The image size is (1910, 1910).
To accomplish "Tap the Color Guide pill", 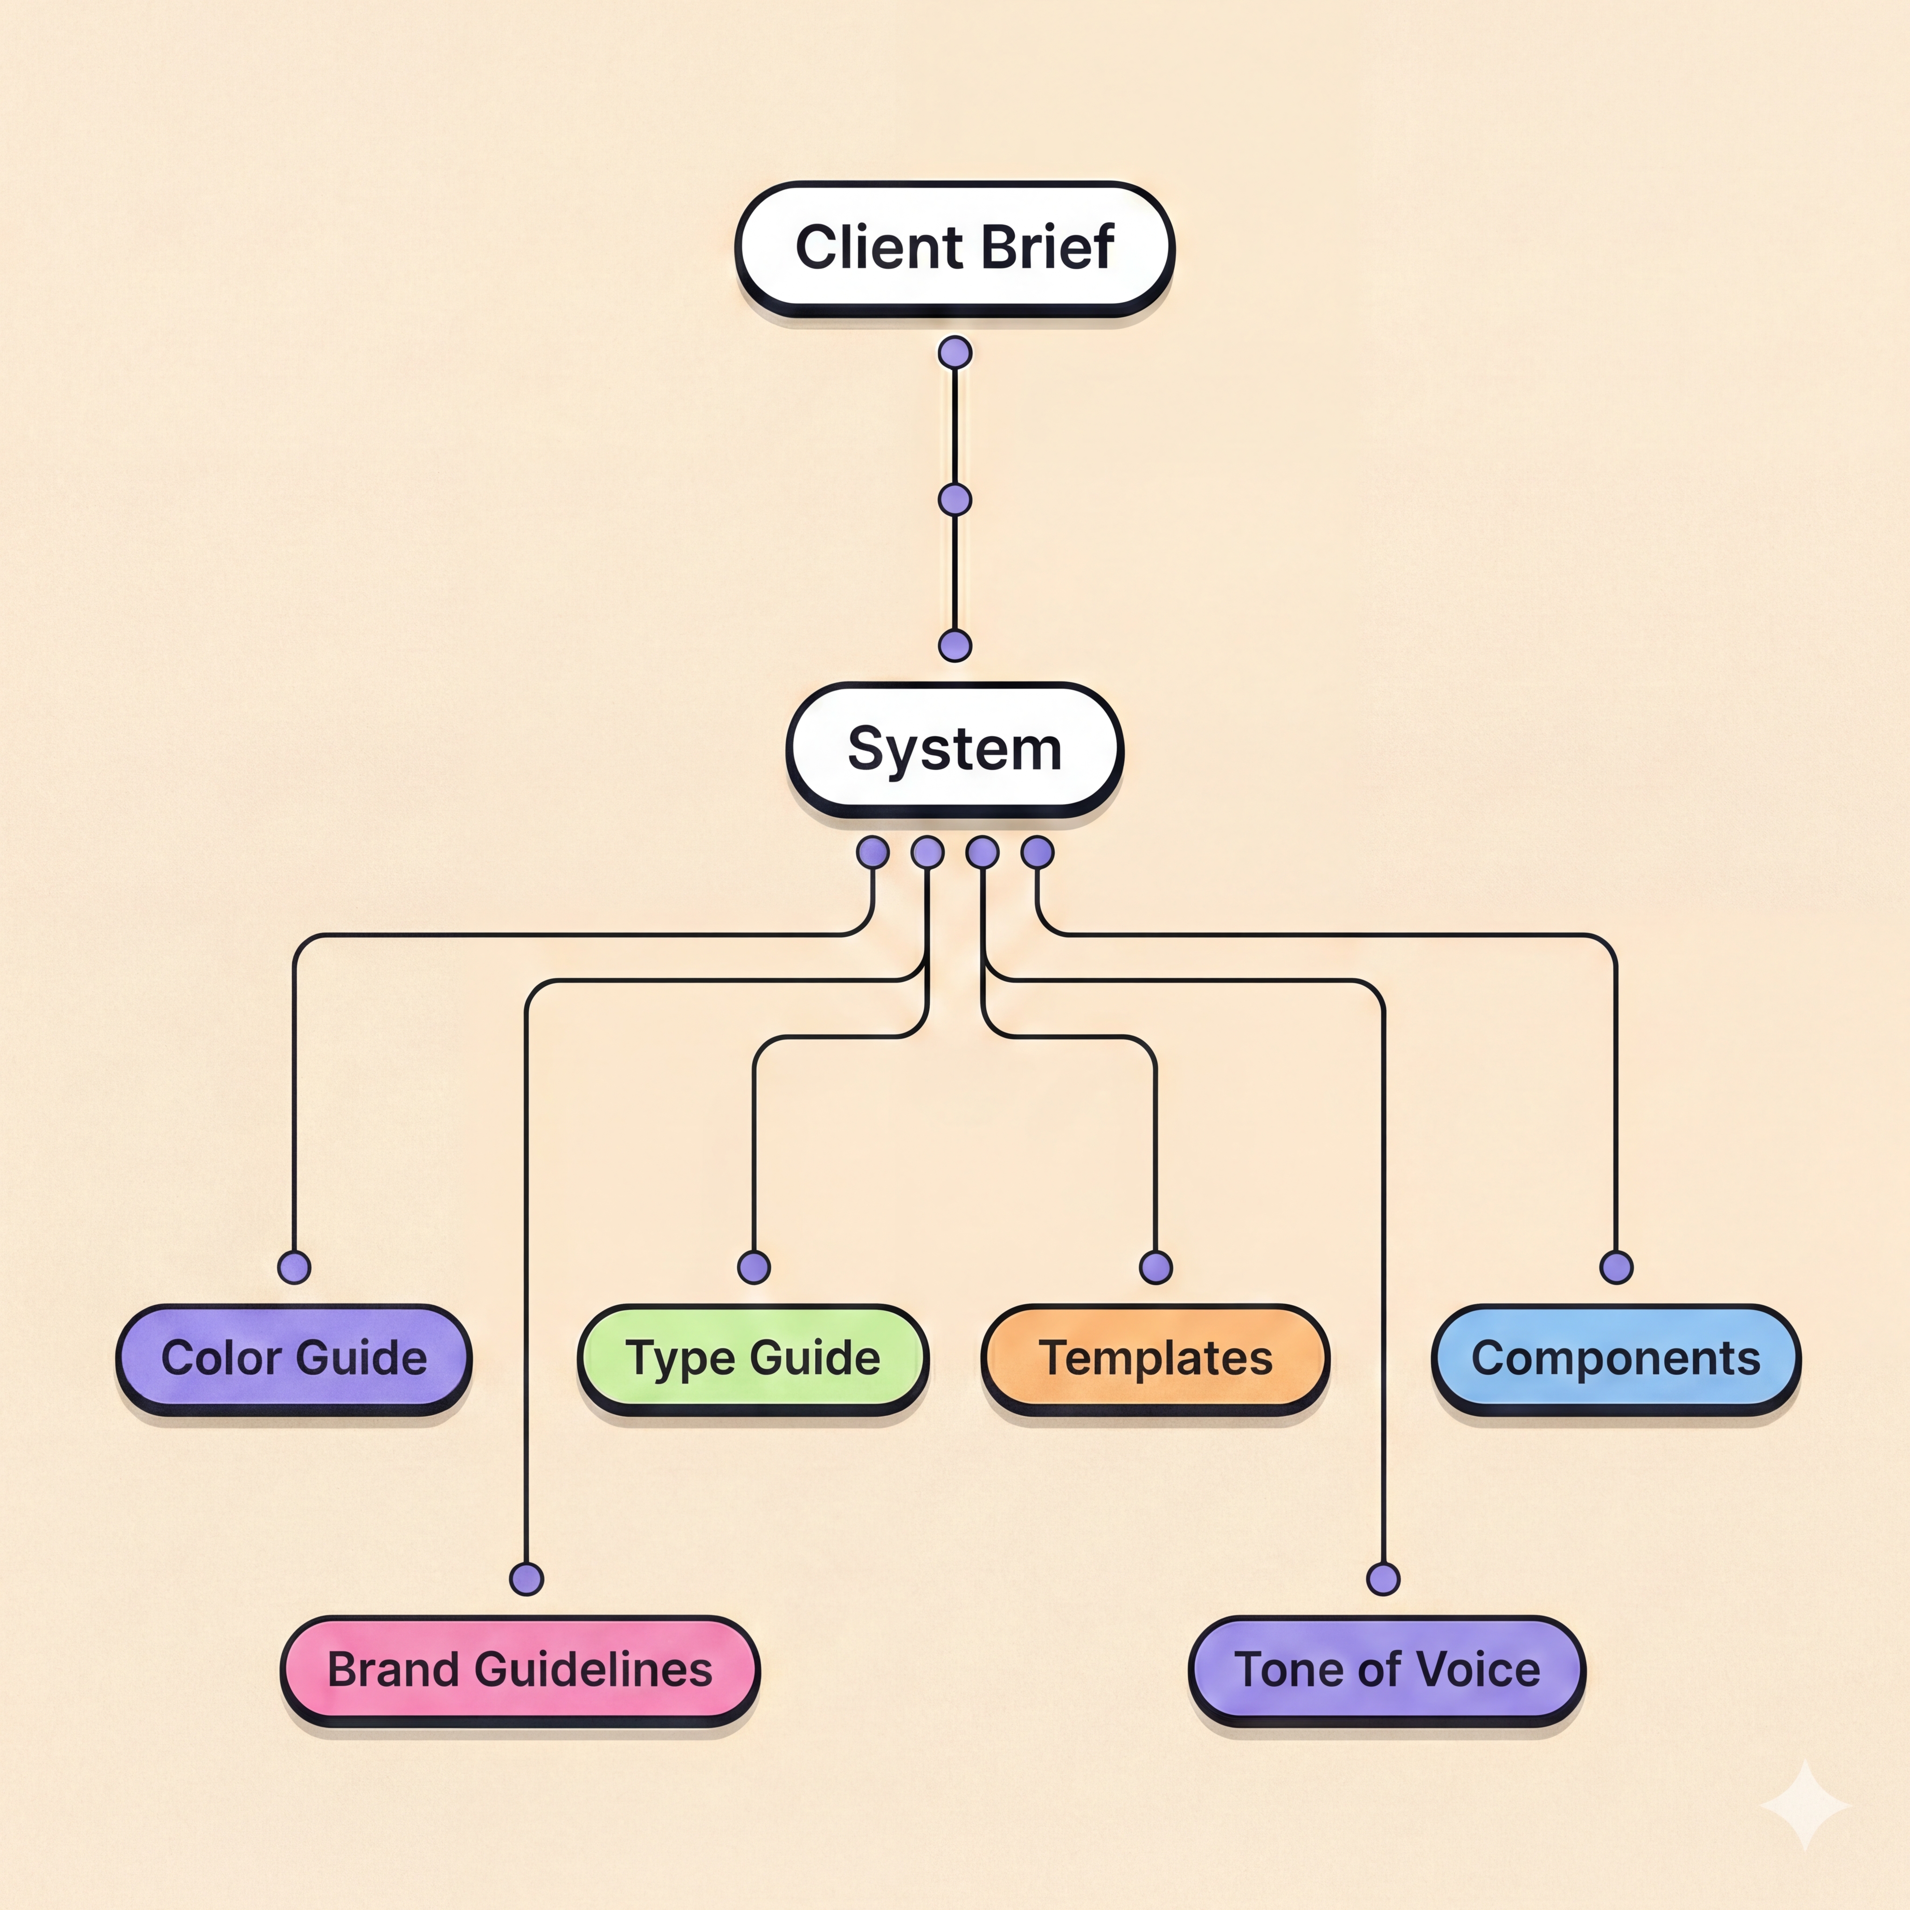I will click(x=294, y=1358).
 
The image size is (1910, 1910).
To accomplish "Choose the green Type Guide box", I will click(x=754, y=1358).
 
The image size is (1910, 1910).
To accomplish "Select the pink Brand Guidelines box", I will click(x=520, y=1670).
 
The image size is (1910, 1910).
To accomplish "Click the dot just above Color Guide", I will click(x=294, y=1266).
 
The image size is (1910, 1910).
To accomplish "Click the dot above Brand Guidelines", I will click(x=526, y=1579).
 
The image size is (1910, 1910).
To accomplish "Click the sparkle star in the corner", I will click(x=1805, y=1805).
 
